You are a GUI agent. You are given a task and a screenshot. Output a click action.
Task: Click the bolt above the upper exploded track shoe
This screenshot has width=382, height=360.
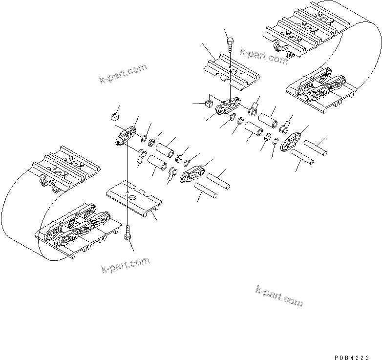tap(230, 46)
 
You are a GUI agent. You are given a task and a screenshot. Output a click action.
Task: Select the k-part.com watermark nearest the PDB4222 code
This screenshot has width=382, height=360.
tap(279, 296)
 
